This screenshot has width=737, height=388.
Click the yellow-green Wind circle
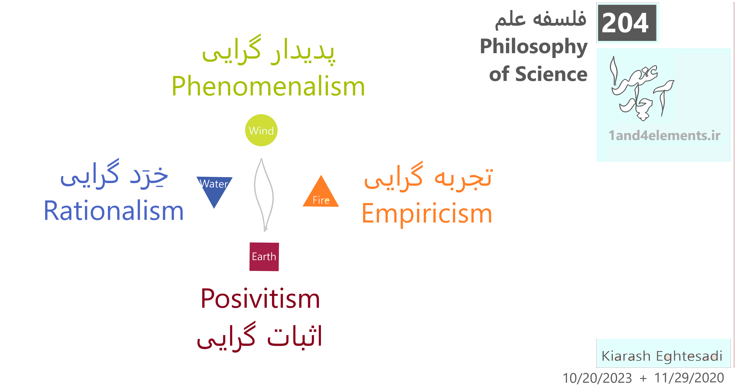[x=261, y=130]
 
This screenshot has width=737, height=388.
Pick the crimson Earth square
[x=264, y=257]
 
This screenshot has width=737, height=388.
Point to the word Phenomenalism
[x=268, y=86]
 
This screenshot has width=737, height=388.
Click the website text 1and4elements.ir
[x=664, y=135]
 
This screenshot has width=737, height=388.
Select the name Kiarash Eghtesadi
[x=662, y=356]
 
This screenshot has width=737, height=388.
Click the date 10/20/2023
[x=597, y=378]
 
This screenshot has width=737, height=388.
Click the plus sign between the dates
[x=643, y=379]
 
